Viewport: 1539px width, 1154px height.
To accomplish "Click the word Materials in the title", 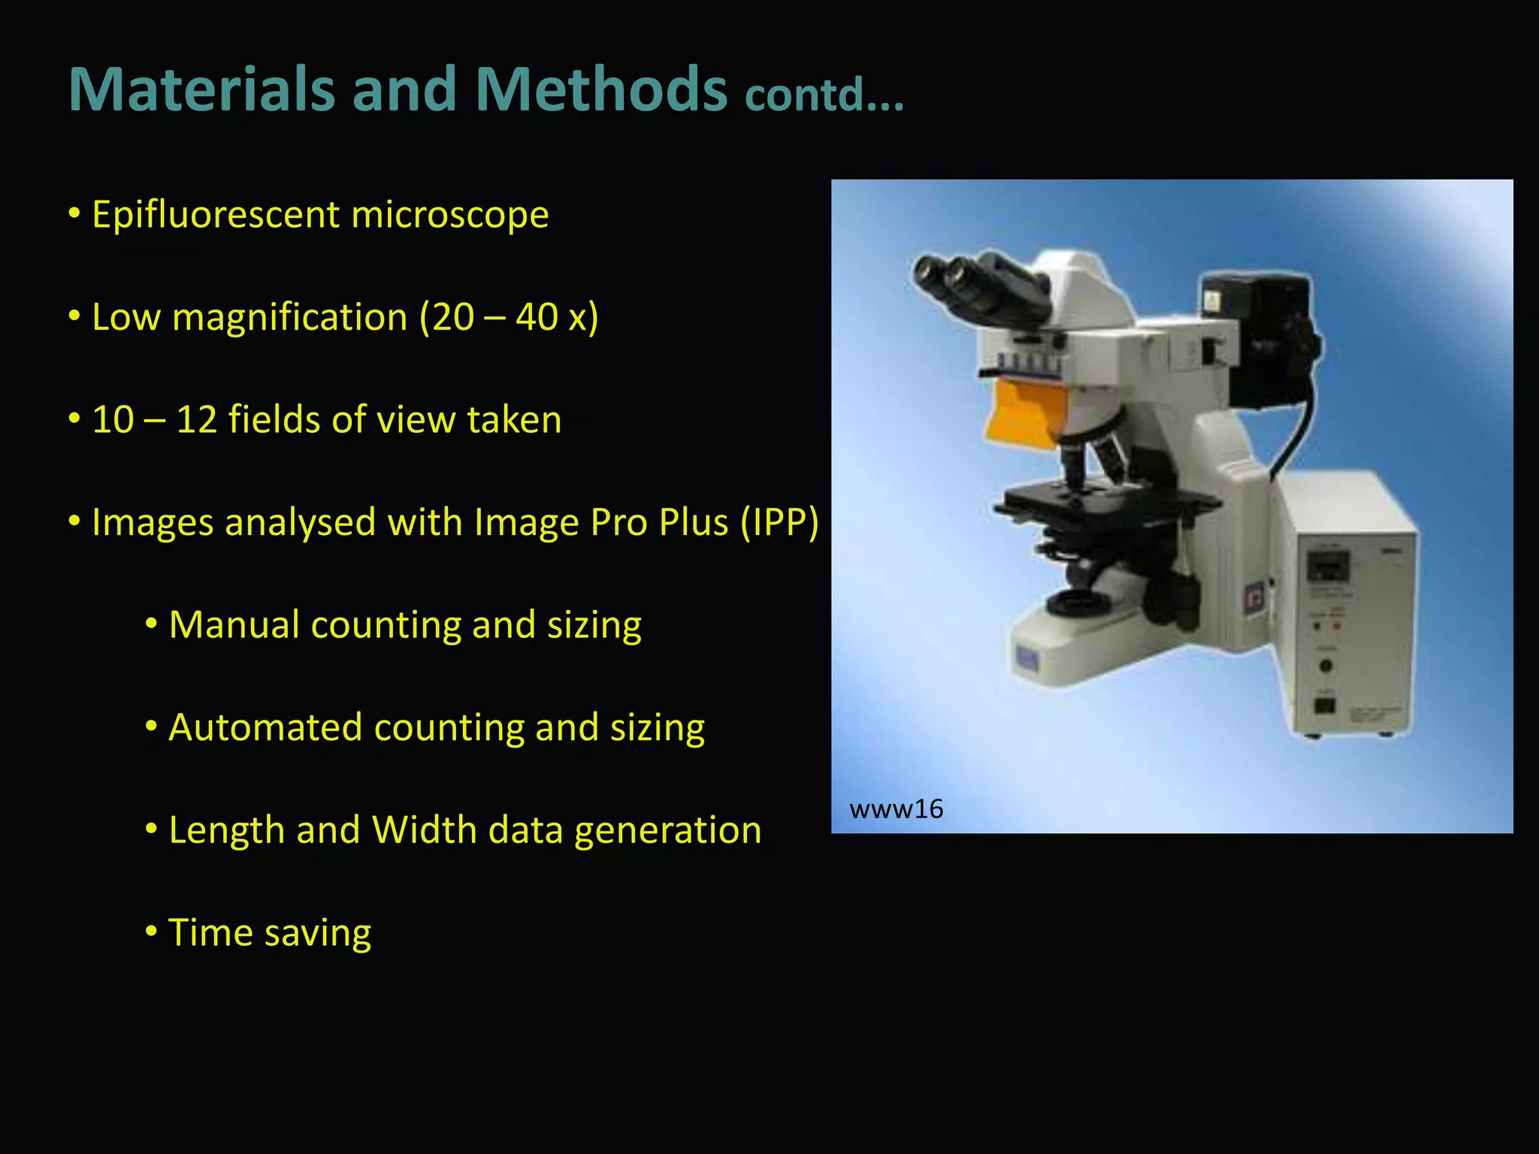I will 201,89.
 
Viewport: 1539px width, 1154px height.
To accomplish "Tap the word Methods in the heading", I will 601,89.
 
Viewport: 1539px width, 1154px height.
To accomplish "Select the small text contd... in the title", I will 824,95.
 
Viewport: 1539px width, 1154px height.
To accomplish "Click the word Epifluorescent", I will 216,215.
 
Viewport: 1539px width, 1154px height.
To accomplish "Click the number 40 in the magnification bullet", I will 537,317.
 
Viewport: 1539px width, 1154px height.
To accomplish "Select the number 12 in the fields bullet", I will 197,419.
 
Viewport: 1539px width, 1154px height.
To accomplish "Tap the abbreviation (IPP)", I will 779,522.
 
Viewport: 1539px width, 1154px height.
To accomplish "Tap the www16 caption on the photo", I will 896,809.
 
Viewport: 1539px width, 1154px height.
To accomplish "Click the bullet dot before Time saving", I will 151,932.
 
